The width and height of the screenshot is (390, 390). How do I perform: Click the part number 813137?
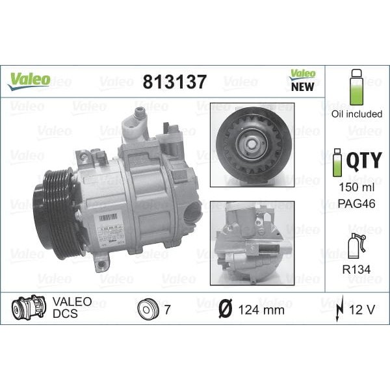coord(174,82)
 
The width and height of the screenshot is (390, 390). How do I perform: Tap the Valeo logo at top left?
coord(29,79)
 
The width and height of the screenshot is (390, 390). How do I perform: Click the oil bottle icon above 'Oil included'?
coord(355,88)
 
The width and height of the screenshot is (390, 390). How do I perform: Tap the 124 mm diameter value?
coord(261,309)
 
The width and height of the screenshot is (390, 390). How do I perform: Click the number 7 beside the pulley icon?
coord(167,309)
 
